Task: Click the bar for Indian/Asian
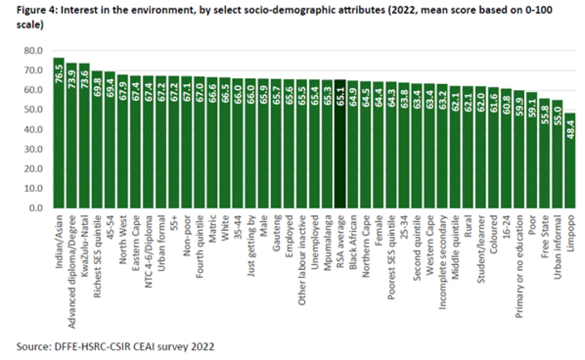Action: click(x=58, y=135)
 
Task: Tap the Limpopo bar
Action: click(x=570, y=162)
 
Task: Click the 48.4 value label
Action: click(x=570, y=128)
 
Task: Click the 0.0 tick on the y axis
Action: click(x=36, y=208)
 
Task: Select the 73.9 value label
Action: click(x=72, y=78)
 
